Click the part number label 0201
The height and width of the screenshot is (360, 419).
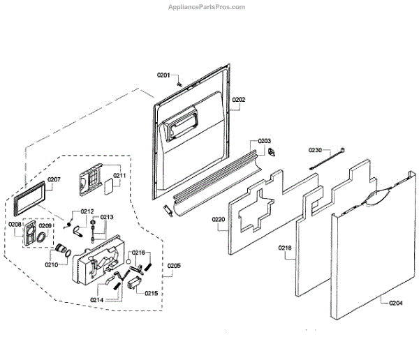(164, 75)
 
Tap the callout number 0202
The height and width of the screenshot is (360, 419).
(239, 100)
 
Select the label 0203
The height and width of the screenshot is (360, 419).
(265, 140)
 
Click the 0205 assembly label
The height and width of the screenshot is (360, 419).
(174, 265)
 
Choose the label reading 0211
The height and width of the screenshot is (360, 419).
(120, 176)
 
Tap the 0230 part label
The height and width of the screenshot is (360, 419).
(316, 150)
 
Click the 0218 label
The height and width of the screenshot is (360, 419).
(285, 248)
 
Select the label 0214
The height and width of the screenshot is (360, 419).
(97, 299)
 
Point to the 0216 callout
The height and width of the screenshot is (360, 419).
(138, 252)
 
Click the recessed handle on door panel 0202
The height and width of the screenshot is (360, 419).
(179, 128)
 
